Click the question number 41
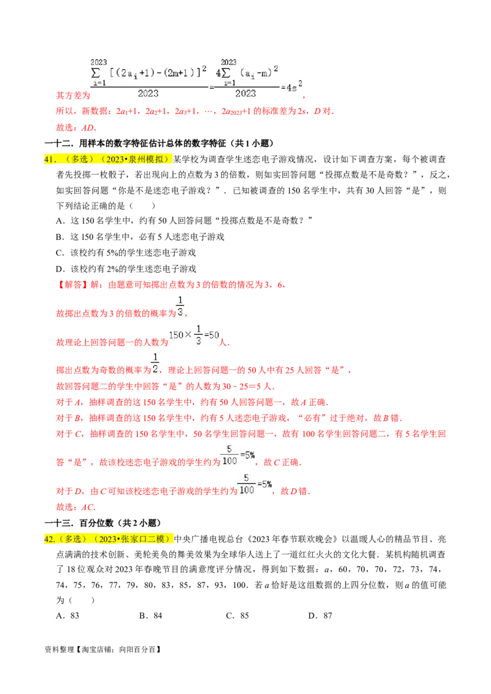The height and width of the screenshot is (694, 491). [49, 159]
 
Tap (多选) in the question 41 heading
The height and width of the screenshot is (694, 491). [78, 159]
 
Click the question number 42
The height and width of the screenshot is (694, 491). [49, 539]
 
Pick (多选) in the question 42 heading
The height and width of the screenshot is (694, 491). [75, 539]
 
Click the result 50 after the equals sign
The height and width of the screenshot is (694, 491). [215, 335]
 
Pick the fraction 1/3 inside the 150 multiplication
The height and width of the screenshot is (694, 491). [198, 334]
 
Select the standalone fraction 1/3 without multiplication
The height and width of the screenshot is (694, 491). [180, 305]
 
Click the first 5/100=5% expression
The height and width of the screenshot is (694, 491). [237, 456]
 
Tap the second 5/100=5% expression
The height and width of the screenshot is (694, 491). [255, 484]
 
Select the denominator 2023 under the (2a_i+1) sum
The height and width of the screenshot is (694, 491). [148, 93]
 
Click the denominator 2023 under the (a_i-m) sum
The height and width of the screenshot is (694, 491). [245, 93]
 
